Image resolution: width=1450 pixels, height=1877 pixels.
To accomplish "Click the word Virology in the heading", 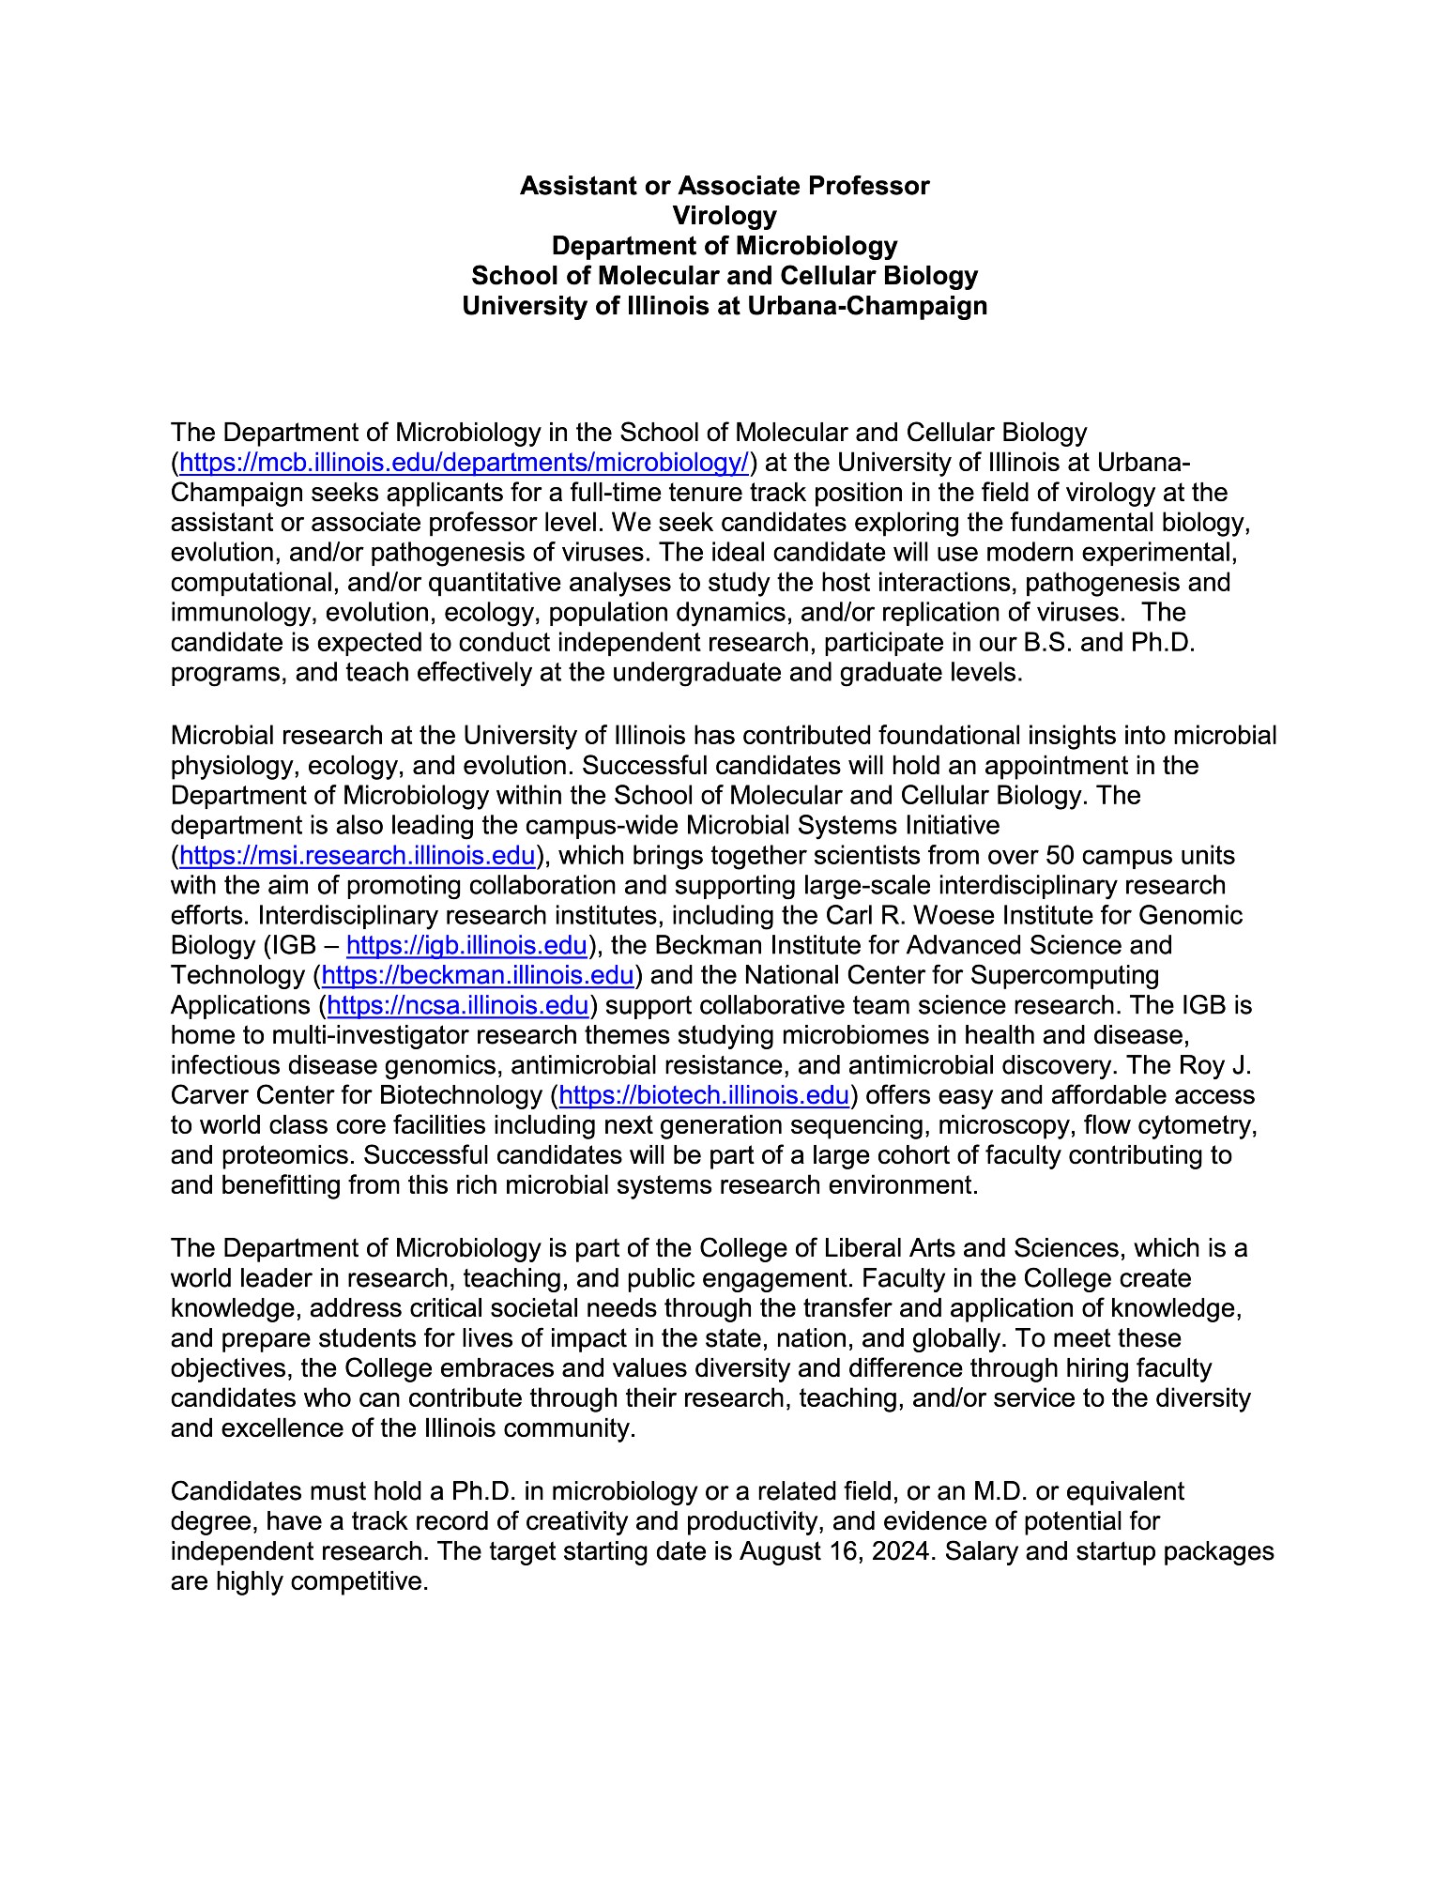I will click(725, 216).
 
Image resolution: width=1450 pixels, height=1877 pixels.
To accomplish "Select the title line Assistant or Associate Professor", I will click(725, 186).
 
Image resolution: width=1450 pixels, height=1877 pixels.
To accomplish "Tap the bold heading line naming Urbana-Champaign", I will click(725, 306).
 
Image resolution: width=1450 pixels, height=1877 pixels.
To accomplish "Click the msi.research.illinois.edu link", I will click(357, 856).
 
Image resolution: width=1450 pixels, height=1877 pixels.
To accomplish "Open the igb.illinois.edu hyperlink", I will click(466, 945).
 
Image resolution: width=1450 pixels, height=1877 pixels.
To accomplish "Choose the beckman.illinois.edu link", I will click(478, 975).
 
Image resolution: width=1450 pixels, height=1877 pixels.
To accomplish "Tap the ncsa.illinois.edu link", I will click(458, 1005).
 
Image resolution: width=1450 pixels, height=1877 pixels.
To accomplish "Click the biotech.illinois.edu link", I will click(704, 1095).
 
